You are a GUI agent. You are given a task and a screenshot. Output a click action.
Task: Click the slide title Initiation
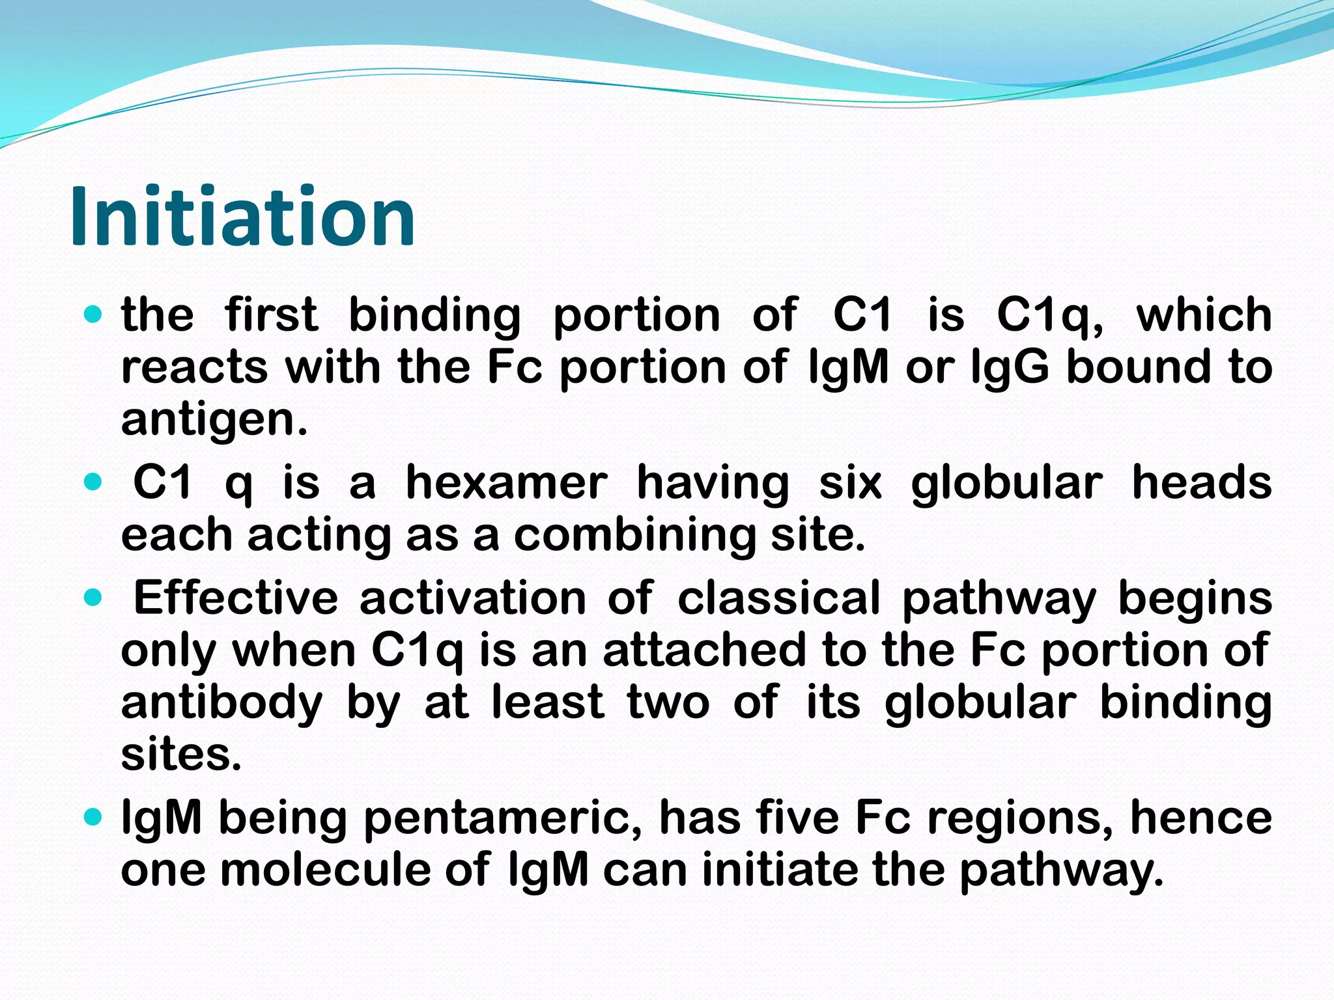click(242, 217)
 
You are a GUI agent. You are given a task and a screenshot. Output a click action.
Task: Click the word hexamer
click(506, 483)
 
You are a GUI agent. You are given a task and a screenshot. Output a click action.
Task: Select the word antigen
click(214, 420)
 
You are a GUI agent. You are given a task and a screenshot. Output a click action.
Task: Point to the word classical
click(779, 598)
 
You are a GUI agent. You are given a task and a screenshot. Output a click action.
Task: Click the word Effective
click(236, 598)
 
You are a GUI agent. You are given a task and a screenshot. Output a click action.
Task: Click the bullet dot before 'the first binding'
click(94, 315)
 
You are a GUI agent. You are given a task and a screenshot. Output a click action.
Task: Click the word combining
click(634, 535)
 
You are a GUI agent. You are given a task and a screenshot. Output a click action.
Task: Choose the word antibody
click(221, 704)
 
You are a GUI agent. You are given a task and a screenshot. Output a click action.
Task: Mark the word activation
click(473, 598)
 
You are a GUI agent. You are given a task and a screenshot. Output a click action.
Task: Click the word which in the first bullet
click(1204, 315)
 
